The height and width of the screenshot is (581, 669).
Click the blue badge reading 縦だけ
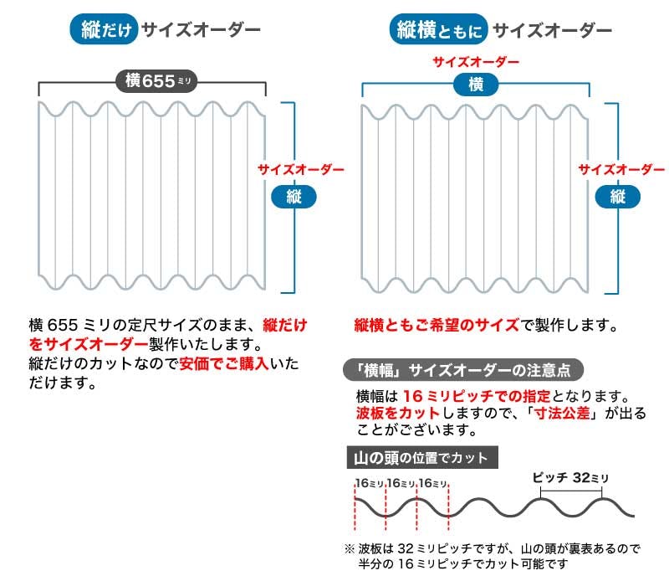click(x=104, y=29)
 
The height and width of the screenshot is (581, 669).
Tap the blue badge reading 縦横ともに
click(x=438, y=29)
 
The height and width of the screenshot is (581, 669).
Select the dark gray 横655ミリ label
click(x=156, y=80)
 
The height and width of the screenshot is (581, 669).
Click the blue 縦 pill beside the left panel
click(x=294, y=197)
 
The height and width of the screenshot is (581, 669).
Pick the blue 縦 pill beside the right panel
click(x=618, y=197)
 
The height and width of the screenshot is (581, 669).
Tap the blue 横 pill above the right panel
click(x=476, y=85)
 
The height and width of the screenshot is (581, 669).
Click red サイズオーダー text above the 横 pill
click(x=476, y=62)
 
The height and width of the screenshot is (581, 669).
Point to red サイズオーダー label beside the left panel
click(x=301, y=170)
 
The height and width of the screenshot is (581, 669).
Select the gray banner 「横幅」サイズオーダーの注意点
click(x=463, y=370)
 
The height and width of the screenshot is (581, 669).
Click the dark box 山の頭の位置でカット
click(x=422, y=458)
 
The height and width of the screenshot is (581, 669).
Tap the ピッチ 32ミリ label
click(x=570, y=477)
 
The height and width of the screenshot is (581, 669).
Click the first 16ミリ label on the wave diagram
click(x=370, y=483)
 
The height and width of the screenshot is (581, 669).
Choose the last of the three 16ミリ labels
click(x=433, y=483)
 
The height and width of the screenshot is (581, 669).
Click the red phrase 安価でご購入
click(x=224, y=363)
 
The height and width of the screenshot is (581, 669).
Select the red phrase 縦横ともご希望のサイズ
click(x=437, y=326)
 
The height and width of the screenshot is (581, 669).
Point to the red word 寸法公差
click(x=562, y=413)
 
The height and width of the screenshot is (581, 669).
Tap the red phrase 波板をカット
click(x=398, y=413)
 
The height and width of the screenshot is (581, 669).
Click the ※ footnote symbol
click(x=350, y=548)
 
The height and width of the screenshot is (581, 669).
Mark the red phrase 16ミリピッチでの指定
click(x=477, y=396)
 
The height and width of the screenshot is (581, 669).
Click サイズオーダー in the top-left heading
click(x=201, y=29)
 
